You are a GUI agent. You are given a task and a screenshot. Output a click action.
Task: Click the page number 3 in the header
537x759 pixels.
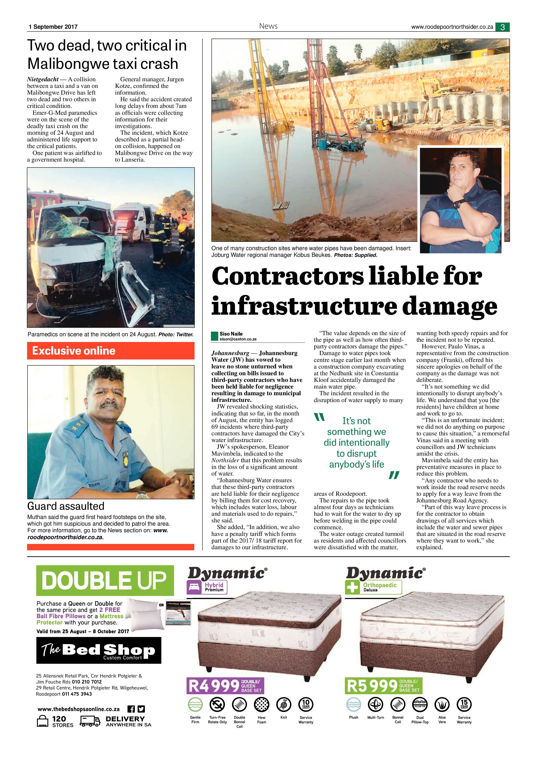click(x=502, y=27)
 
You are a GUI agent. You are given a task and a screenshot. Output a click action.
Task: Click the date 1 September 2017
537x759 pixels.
click(x=53, y=27)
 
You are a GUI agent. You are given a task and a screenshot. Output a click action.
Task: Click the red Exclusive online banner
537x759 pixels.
click(x=110, y=351)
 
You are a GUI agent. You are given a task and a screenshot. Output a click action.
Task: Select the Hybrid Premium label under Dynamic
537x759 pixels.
click(x=207, y=587)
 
